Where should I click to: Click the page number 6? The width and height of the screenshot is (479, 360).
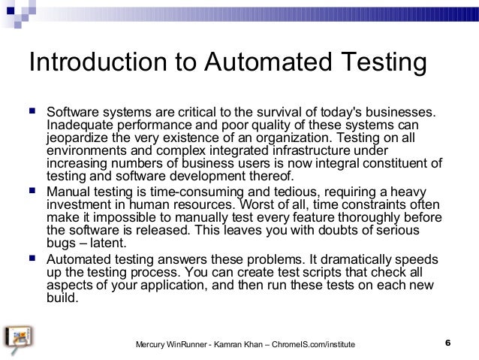tap(447, 343)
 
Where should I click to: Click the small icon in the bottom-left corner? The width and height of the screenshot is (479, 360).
tap(17, 339)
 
